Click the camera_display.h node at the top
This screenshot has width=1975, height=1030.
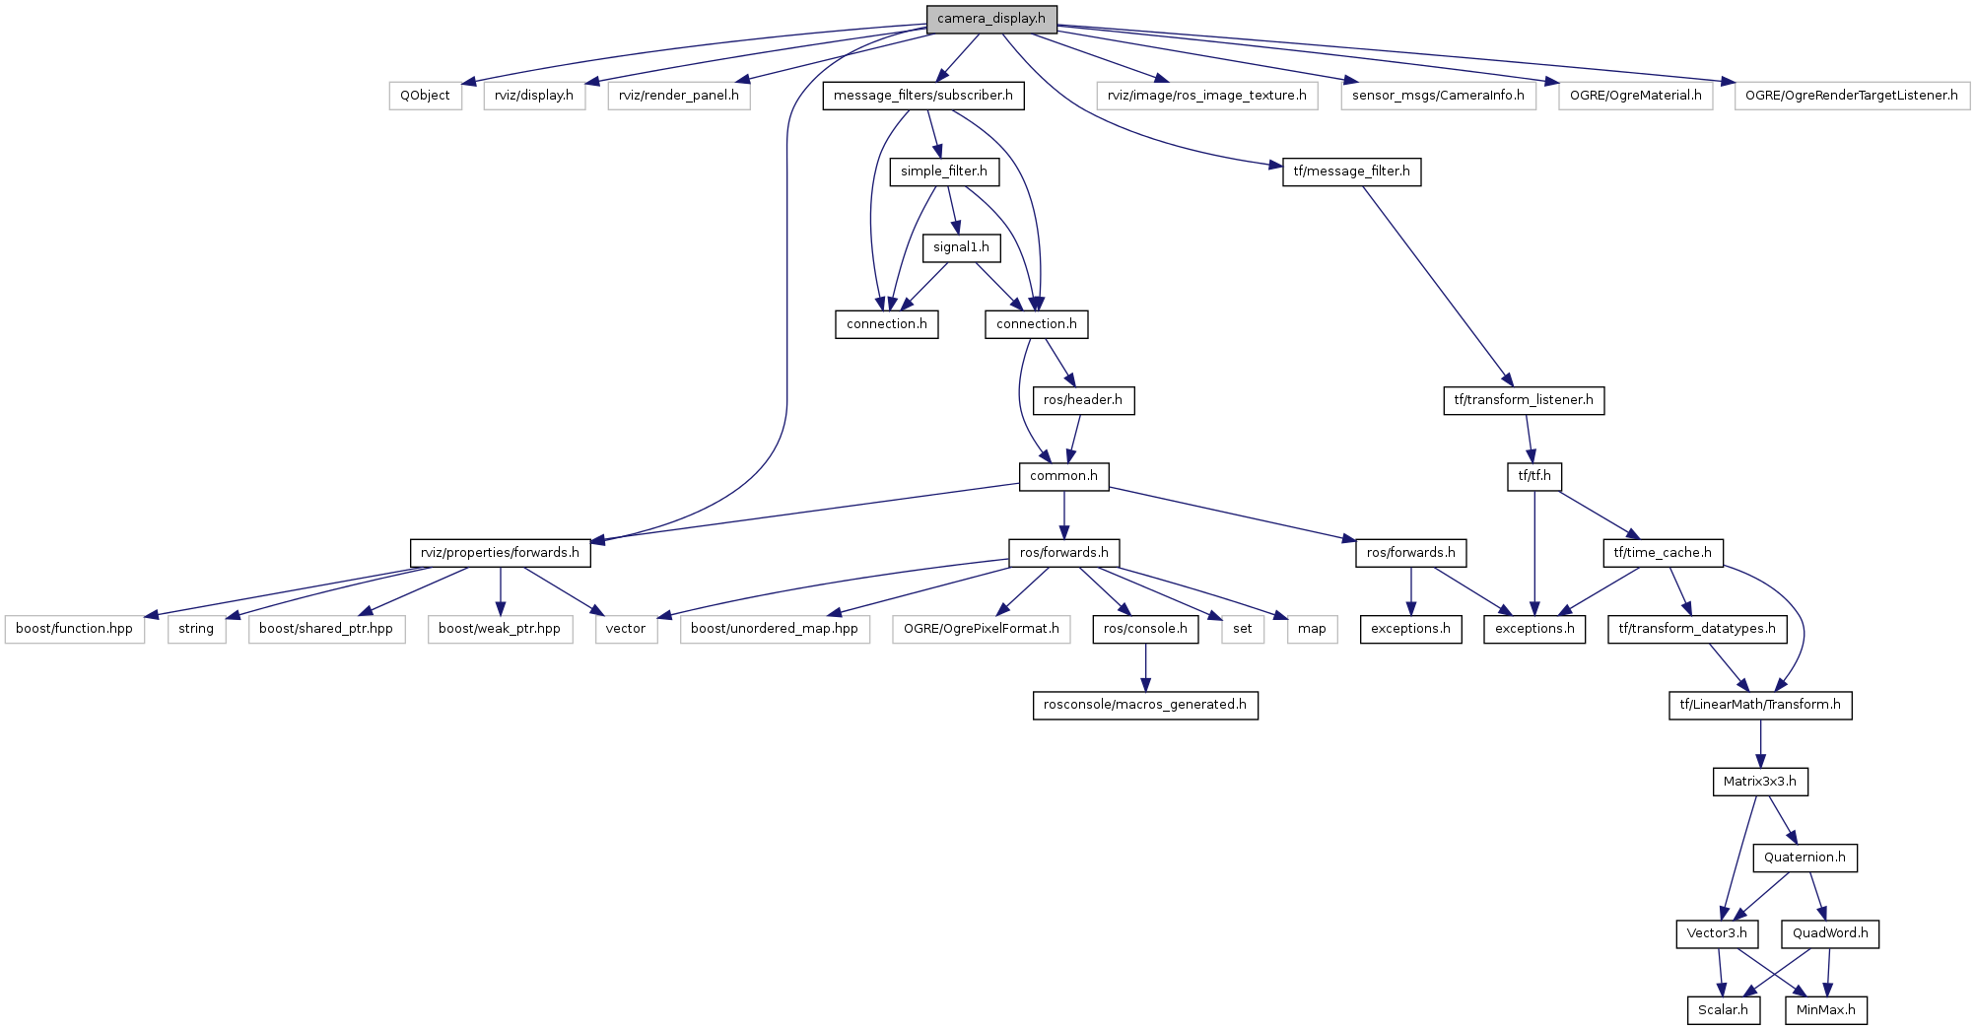(991, 19)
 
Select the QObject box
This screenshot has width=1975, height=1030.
(425, 96)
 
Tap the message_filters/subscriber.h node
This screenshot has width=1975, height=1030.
(923, 96)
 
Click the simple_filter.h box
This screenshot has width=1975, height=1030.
(944, 172)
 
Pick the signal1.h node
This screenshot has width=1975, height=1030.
(961, 247)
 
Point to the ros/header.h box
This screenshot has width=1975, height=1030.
(1083, 400)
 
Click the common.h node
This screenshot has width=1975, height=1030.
(1063, 476)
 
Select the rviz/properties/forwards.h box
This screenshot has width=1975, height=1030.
(500, 553)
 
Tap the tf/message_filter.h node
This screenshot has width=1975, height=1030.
(1351, 172)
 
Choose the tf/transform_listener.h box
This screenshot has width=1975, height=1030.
(1524, 400)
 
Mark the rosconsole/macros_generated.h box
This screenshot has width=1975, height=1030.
(1145, 705)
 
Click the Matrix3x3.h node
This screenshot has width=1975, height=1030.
(1760, 782)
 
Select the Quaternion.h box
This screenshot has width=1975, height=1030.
(1805, 858)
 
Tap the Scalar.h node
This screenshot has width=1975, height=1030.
(1723, 1010)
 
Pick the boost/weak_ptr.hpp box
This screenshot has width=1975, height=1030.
(500, 629)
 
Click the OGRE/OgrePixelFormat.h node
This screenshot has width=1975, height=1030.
(982, 629)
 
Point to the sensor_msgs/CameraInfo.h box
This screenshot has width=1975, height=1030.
(1438, 96)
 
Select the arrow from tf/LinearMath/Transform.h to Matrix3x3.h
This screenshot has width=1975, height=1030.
(1760, 743)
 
